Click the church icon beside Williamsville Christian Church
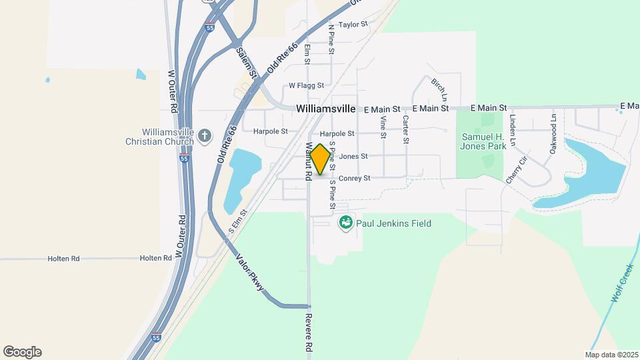coord(205,137)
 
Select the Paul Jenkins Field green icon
coord(345,223)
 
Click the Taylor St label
coord(353,25)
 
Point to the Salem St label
coord(247,63)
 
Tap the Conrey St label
coord(354,179)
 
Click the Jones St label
coord(353,157)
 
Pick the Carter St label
coord(405,129)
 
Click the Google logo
coord(22,351)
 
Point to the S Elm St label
coord(238,221)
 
